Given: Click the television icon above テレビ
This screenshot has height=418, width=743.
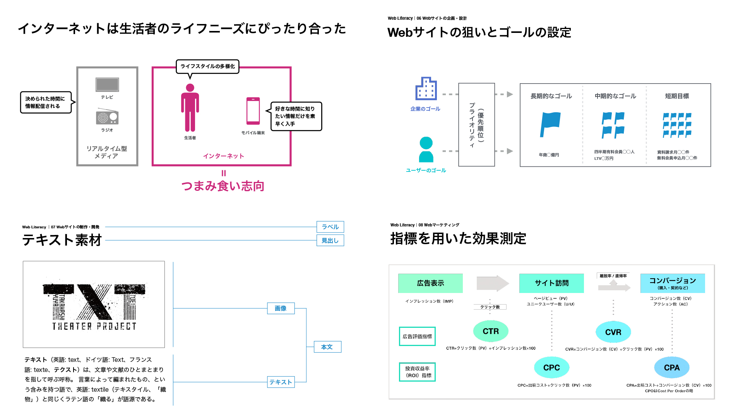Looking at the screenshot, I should [x=107, y=85].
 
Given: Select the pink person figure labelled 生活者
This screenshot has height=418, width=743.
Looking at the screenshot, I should [x=190, y=108].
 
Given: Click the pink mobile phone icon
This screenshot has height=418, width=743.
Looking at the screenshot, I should [x=253, y=111].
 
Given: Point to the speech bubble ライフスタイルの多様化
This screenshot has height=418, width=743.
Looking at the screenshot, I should [x=208, y=67].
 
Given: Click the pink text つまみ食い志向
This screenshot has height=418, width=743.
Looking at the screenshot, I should [x=223, y=186].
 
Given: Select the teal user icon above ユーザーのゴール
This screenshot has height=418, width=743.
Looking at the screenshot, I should [x=426, y=149].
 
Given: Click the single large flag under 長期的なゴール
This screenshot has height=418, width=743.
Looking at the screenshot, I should [x=550, y=124].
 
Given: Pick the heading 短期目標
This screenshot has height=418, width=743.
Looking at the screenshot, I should [x=677, y=96].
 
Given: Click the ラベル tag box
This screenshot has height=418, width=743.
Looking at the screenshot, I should [x=330, y=227].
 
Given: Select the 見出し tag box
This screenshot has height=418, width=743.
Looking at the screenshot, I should [x=330, y=240].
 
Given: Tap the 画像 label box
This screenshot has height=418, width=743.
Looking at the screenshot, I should [x=281, y=308].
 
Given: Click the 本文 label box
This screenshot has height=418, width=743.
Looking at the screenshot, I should [x=327, y=347].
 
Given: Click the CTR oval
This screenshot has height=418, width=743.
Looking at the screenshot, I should [x=491, y=331].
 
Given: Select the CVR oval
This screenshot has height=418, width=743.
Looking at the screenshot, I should [x=613, y=332].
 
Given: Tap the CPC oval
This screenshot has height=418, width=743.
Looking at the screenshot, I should [x=551, y=368].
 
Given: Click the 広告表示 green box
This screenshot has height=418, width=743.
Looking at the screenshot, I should [x=430, y=283].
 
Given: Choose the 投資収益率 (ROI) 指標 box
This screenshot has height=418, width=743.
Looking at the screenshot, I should [x=417, y=372].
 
